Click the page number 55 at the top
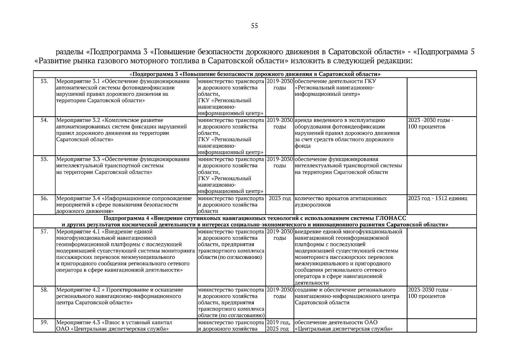point(254,26)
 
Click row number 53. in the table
point(44,81)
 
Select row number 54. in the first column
point(44,120)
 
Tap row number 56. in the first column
point(44,198)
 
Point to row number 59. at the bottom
point(44,322)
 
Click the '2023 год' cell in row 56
point(280,198)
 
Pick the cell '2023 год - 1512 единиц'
point(438,198)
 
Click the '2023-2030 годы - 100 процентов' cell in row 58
point(430,293)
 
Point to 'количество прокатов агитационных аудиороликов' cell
point(340,202)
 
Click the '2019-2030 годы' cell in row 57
point(280,235)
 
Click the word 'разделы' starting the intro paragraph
point(70,52)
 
